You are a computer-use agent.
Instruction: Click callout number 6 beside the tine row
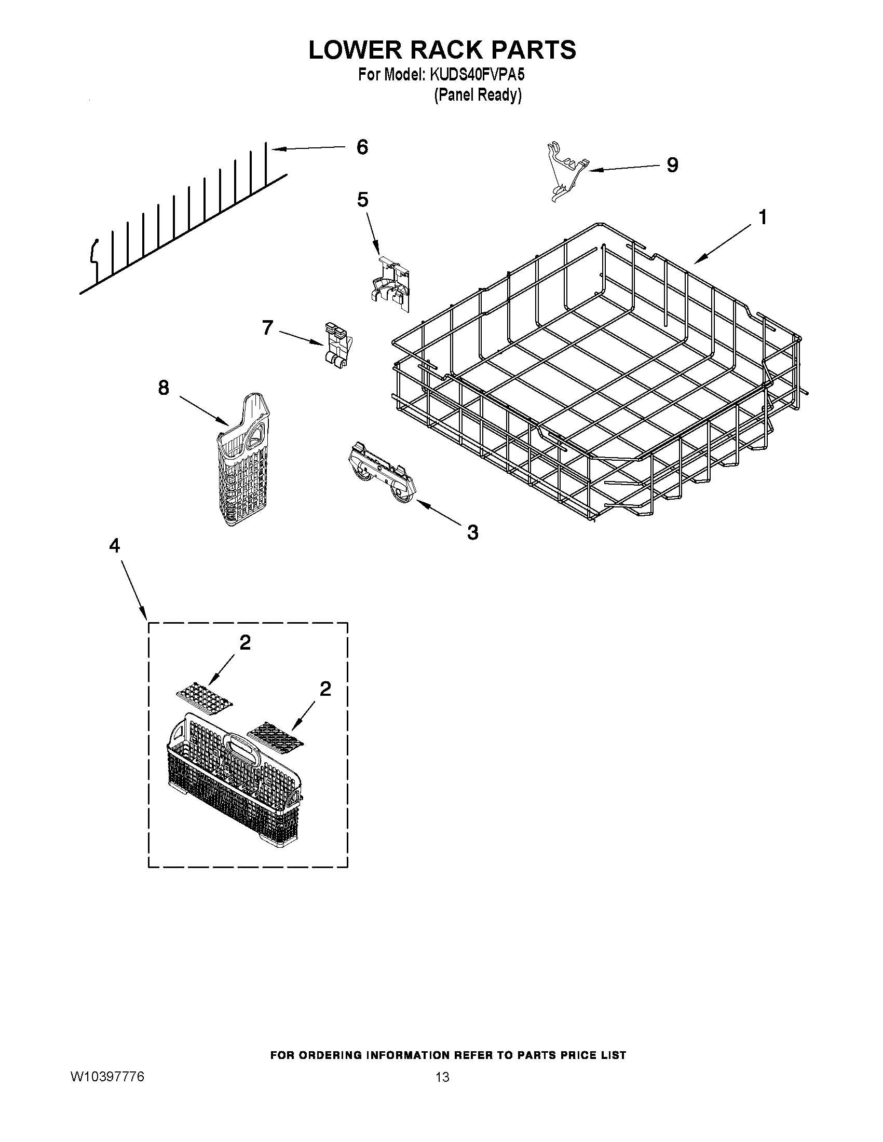tap(362, 147)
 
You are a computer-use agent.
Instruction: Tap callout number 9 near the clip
tap(672, 165)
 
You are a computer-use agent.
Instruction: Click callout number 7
tap(267, 328)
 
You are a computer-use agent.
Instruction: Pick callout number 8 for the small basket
tap(163, 388)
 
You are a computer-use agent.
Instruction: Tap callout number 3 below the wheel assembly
tap(472, 532)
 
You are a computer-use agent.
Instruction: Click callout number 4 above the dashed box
tap(114, 546)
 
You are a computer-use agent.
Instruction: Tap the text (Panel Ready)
tap(478, 95)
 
